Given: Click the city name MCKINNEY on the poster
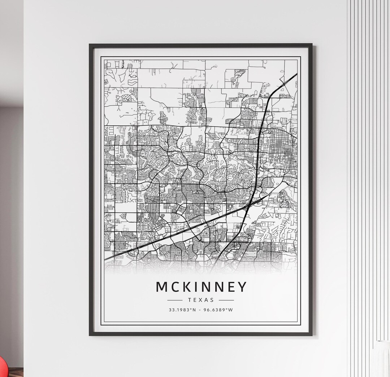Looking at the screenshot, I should pyautogui.click(x=201, y=287).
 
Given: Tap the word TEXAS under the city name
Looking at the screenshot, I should pyautogui.click(x=201, y=300).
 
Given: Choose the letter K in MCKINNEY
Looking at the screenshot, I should pyautogui.click(x=187, y=287).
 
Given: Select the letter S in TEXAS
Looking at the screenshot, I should pyautogui.click(x=212, y=300).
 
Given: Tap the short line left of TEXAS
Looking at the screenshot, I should pyautogui.click(x=175, y=300).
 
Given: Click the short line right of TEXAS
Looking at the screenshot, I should pyautogui.click(x=226, y=300).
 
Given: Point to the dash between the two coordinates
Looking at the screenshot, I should pyautogui.click(x=201, y=310).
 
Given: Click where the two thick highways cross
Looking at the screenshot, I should pyautogui.click(x=250, y=206).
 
